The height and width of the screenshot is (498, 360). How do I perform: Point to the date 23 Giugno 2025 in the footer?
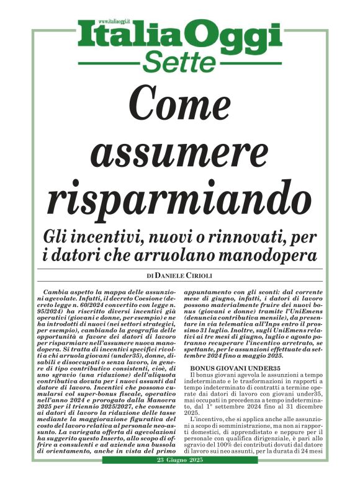[180, 482]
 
